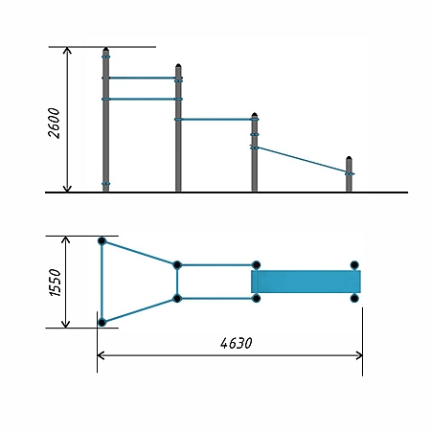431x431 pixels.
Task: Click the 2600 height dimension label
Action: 54,124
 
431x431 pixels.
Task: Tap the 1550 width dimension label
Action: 55,283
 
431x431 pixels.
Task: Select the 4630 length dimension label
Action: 237,343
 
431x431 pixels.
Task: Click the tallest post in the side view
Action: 106,120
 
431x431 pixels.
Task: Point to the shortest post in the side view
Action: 349,174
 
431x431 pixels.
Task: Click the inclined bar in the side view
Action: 303,160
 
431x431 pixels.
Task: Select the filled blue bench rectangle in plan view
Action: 306,282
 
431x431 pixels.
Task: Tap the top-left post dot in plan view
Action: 102,241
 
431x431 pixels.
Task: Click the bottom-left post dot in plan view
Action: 102,323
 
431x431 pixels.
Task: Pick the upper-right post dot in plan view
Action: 354,265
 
